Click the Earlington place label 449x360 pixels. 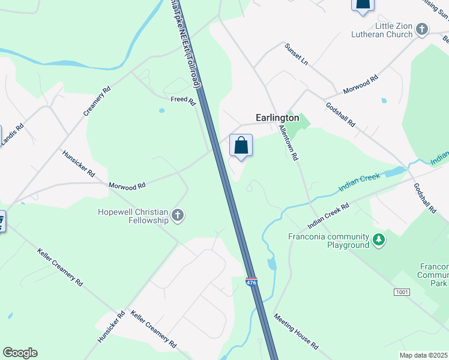[x=277, y=118]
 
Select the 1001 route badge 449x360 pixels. [x=402, y=292]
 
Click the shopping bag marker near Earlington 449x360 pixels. [x=241, y=146]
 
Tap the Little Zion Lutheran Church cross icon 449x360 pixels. [x=422, y=29]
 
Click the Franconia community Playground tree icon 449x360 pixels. [x=378, y=241]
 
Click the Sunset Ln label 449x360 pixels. [x=296, y=55]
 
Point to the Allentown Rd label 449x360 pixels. [x=289, y=143]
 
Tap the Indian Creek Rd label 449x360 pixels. [x=328, y=216]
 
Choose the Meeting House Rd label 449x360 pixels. [x=296, y=331]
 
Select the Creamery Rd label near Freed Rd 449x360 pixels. [x=97, y=101]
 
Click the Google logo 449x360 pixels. [x=20, y=353]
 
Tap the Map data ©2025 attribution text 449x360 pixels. [x=423, y=355]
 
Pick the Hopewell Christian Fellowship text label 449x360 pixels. [x=134, y=216]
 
